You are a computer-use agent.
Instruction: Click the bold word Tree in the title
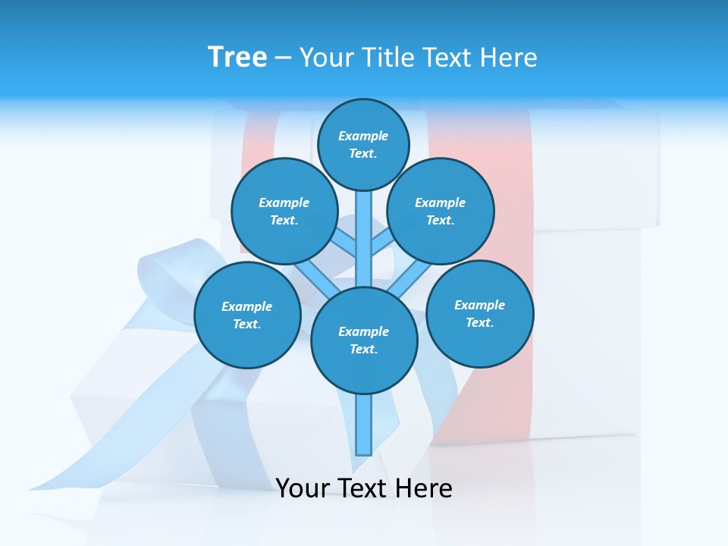pos(237,58)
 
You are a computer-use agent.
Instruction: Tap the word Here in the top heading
pos(508,58)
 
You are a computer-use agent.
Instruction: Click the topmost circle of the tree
pos(363,144)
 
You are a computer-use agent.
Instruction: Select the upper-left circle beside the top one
pos(284,211)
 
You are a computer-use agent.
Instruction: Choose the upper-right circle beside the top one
pos(441,211)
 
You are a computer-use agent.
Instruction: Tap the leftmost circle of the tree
pos(247,315)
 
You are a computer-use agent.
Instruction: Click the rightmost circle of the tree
pos(480,313)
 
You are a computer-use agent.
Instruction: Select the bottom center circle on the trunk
pos(364,340)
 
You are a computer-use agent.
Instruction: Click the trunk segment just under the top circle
pos(364,227)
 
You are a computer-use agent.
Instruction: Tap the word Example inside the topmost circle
pos(363,136)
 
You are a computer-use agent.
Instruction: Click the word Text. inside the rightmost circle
pos(480,322)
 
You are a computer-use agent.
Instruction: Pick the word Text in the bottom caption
pos(365,488)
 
